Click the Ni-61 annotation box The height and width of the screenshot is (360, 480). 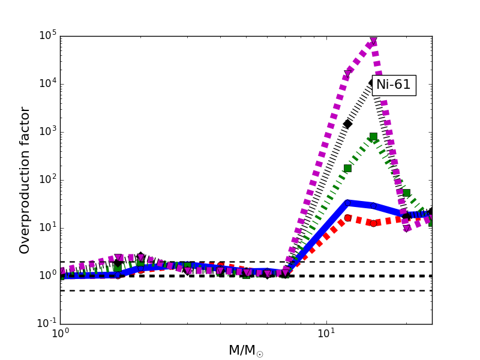pos(394,85)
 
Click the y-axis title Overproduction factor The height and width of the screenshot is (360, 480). pos(25,180)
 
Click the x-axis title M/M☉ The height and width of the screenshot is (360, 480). pos(245,350)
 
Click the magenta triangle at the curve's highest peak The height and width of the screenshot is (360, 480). pos(373,42)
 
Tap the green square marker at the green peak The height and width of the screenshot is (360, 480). pos(373,137)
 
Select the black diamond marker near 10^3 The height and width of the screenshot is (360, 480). pos(347,124)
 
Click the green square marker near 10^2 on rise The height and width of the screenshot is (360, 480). pos(347,168)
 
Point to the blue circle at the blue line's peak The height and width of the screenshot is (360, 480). pos(347,203)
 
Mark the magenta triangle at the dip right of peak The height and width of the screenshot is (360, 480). pos(407,229)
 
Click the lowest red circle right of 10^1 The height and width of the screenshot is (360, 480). pos(373,223)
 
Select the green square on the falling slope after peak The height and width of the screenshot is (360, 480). pos(406,193)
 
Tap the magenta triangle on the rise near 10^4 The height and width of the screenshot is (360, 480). pos(347,74)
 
